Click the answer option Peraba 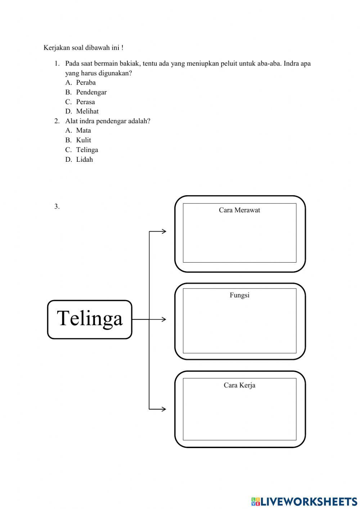tap(86, 82)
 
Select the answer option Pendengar tap(91, 92)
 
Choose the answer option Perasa tap(85, 102)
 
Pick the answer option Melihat tap(87, 111)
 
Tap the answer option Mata tap(84, 130)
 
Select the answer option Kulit tap(84, 140)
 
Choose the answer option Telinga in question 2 tap(87, 150)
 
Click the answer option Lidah tap(84, 160)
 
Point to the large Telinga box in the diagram tap(90, 320)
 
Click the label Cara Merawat tap(239, 210)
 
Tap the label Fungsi tap(239, 295)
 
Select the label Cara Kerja tap(239, 385)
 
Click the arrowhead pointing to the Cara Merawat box tap(164, 231)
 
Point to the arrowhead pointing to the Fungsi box tap(164, 320)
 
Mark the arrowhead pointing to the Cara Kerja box tap(164, 409)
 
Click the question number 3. tap(57, 206)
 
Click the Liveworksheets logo tap(304, 501)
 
